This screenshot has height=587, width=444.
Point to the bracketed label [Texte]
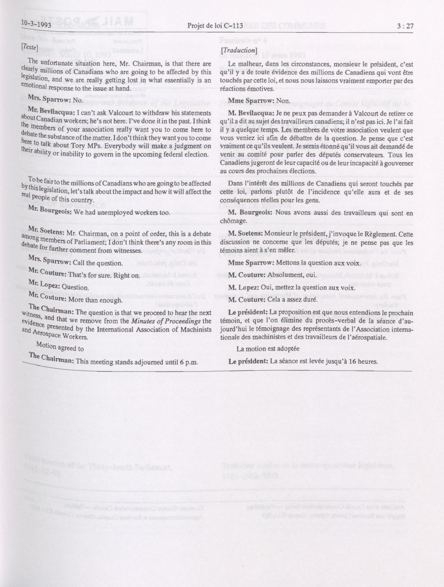coord(29,46)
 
